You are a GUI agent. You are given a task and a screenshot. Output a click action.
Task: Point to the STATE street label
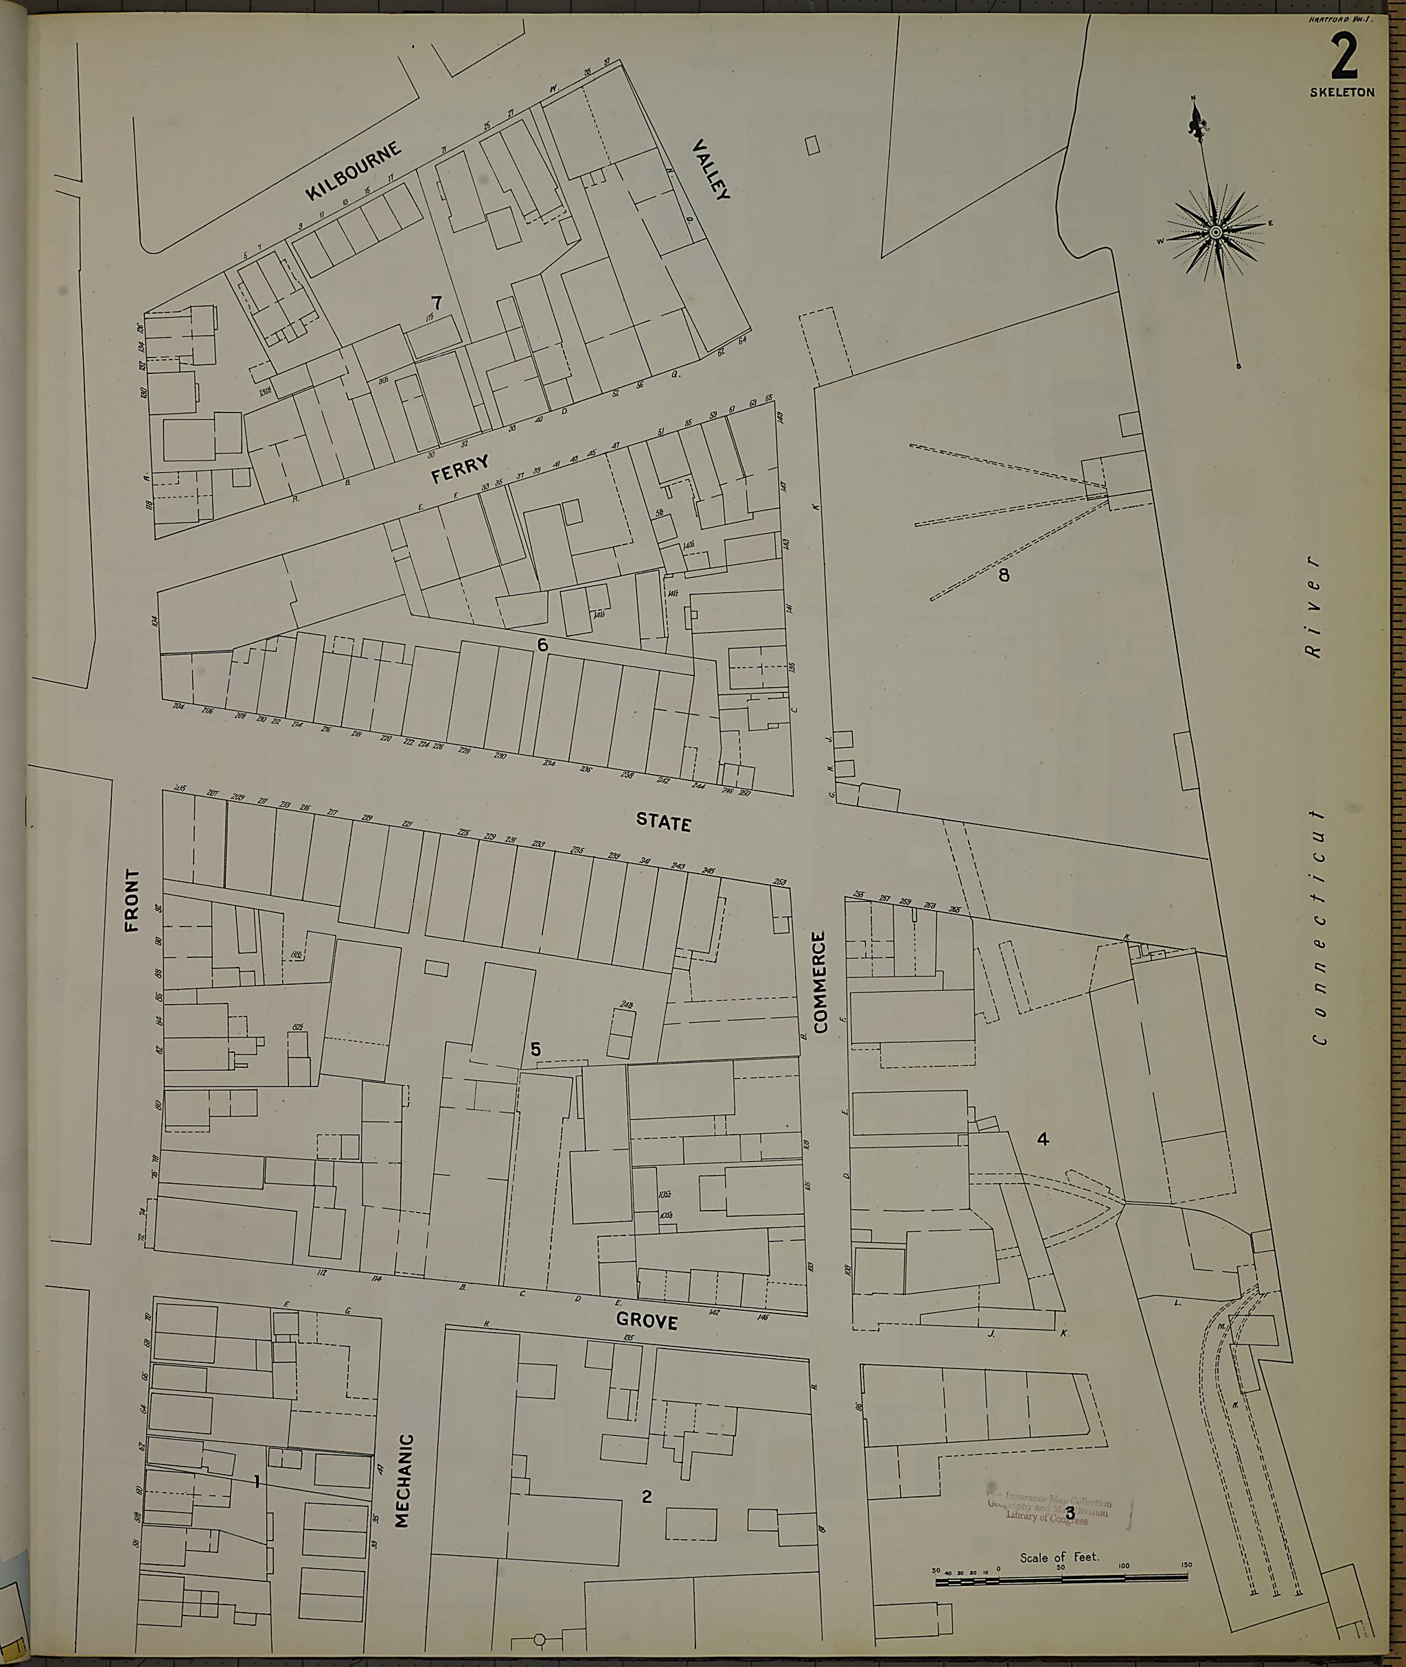click(663, 821)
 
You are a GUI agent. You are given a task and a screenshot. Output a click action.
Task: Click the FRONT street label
click(132, 900)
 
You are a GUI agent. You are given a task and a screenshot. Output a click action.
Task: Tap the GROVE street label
click(647, 1321)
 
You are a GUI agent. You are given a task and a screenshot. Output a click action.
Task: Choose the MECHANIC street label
click(402, 1480)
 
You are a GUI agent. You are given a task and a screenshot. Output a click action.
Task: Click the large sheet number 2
click(1344, 58)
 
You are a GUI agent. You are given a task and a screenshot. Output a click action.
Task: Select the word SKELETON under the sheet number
click(1342, 93)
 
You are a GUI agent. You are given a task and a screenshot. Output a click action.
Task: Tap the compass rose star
click(1216, 233)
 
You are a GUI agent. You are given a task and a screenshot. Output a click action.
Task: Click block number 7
click(436, 303)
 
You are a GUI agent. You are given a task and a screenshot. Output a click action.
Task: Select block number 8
click(1004, 574)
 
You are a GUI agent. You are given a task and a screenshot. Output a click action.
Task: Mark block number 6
click(543, 644)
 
